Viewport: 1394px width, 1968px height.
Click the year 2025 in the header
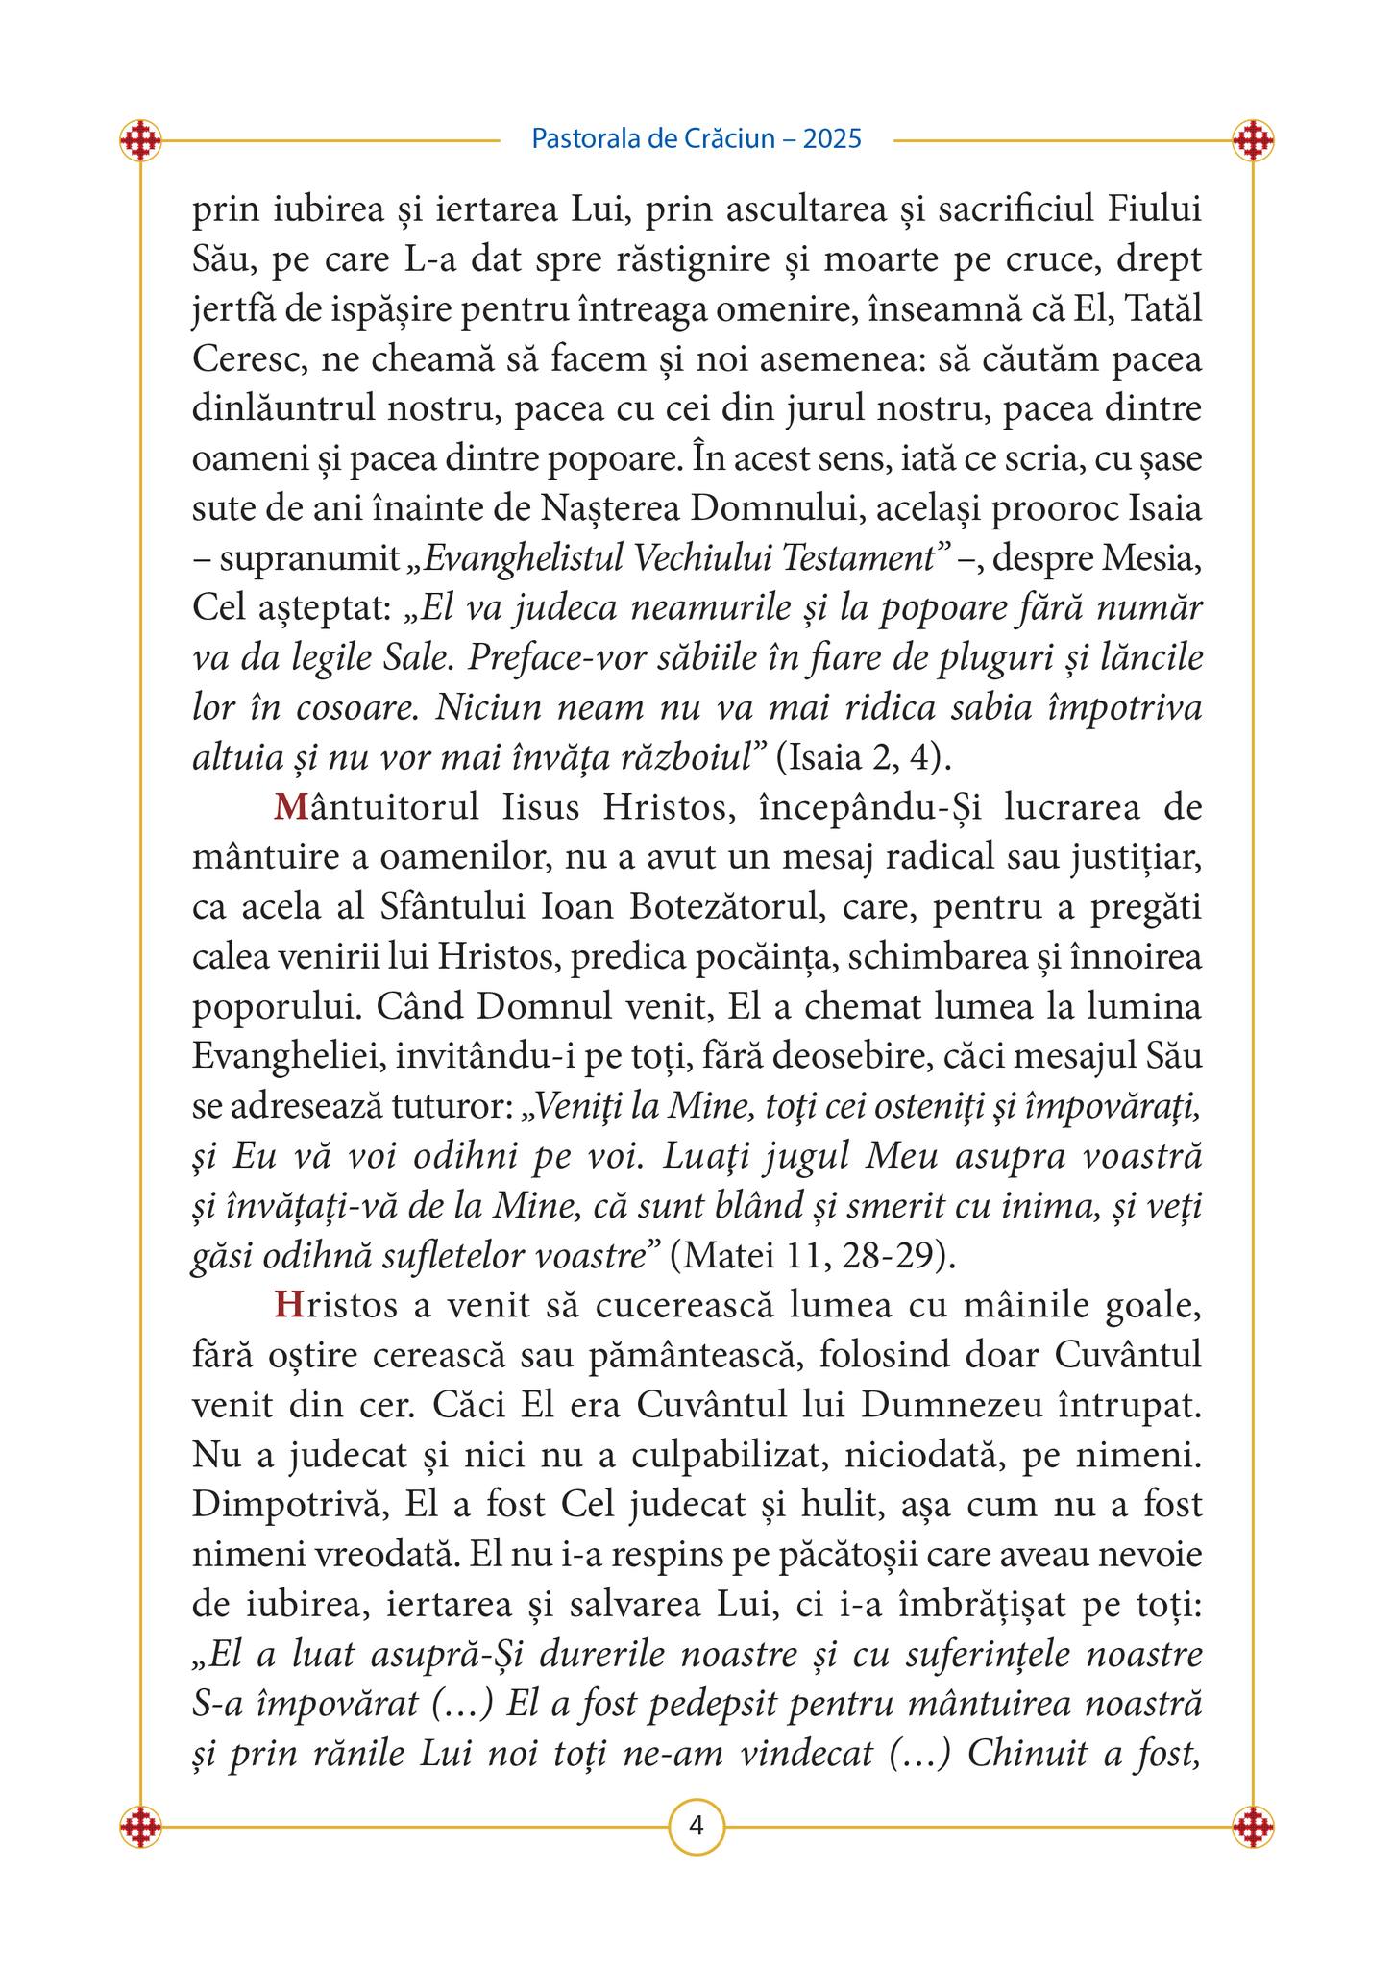click(832, 139)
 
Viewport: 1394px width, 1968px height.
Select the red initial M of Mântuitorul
click(288, 807)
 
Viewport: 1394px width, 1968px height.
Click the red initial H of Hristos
click(287, 1305)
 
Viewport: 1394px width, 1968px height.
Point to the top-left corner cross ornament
click(140, 140)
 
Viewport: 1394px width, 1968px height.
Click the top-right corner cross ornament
click(1253, 140)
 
